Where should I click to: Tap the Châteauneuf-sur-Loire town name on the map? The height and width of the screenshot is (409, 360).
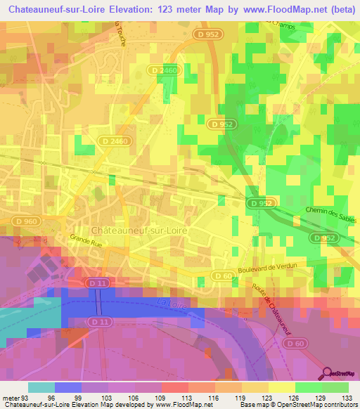click(138, 231)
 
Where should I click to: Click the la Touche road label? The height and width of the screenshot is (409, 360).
click(120, 32)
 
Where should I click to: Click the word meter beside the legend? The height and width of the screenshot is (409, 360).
click(11, 398)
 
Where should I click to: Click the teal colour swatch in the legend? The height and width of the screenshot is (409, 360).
click(41, 387)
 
